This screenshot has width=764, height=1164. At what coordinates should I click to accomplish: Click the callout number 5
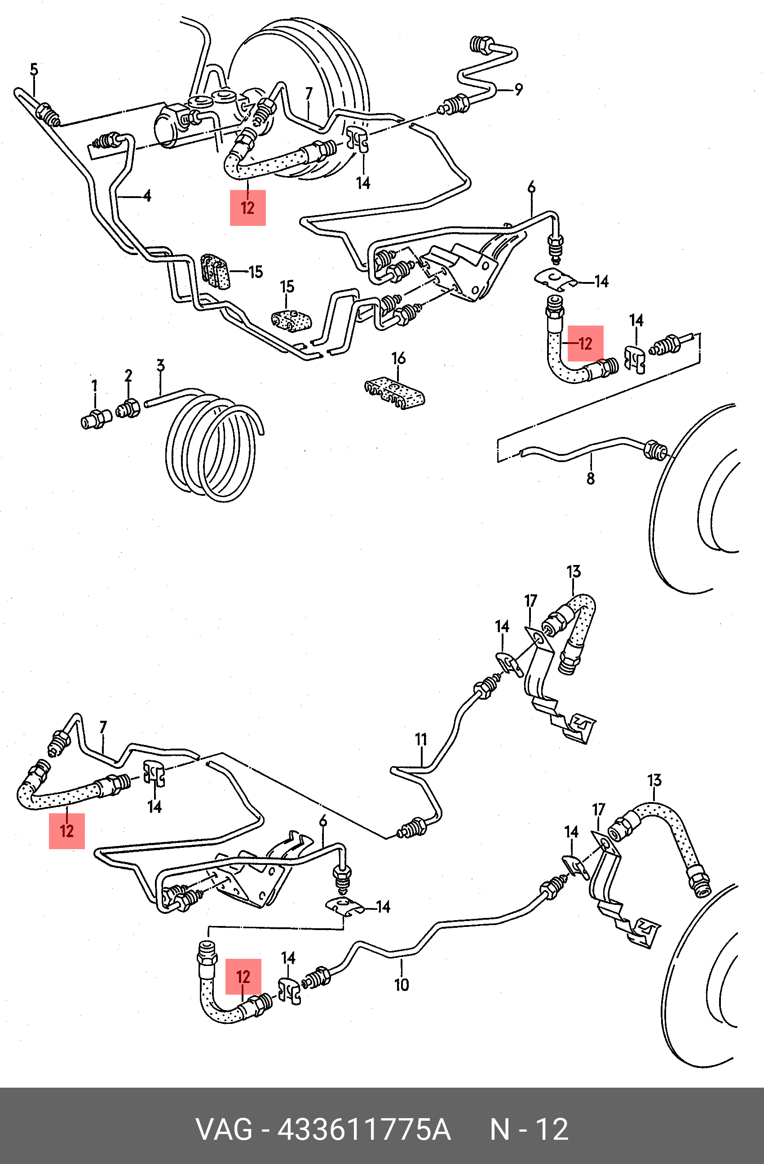tap(34, 70)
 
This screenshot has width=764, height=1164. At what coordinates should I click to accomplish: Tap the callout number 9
tap(518, 89)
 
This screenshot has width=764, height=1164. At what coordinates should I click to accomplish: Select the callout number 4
tap(147, 196)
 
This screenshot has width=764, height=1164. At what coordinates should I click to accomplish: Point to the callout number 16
tap(399, 358)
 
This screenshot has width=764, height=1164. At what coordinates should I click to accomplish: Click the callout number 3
tap(160, 366)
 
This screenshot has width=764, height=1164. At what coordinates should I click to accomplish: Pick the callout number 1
tap(94, 386)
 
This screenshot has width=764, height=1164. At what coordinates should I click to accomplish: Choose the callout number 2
tap(128, 376)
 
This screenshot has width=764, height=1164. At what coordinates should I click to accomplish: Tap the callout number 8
tap(590, 478)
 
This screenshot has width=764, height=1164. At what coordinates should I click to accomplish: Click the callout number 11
tap(421, 739)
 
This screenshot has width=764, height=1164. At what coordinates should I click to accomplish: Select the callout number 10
tap(401, 984)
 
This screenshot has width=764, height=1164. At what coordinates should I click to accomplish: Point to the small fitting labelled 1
tap(93, 419)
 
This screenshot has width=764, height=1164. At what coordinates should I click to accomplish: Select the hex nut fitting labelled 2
tap(128, 407)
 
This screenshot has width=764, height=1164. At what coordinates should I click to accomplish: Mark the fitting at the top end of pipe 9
tap(481, 45)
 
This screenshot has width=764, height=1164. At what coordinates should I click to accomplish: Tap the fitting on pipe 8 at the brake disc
tap(654, 450)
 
